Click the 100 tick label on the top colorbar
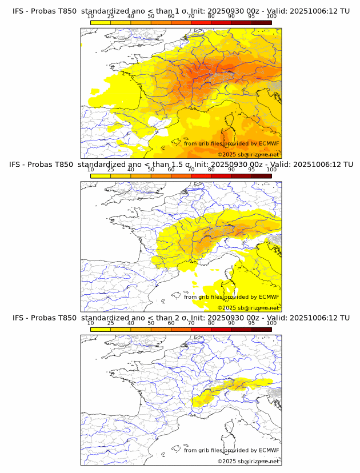271,16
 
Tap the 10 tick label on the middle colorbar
91,170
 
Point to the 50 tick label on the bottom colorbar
151,323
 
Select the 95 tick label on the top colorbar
251,16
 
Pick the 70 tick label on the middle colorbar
191,170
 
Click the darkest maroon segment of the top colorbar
261,22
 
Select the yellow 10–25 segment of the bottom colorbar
101,330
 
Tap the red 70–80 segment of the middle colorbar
201,176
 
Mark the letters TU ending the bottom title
345,318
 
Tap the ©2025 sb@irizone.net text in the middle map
248,307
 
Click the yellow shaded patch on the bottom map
229,388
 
